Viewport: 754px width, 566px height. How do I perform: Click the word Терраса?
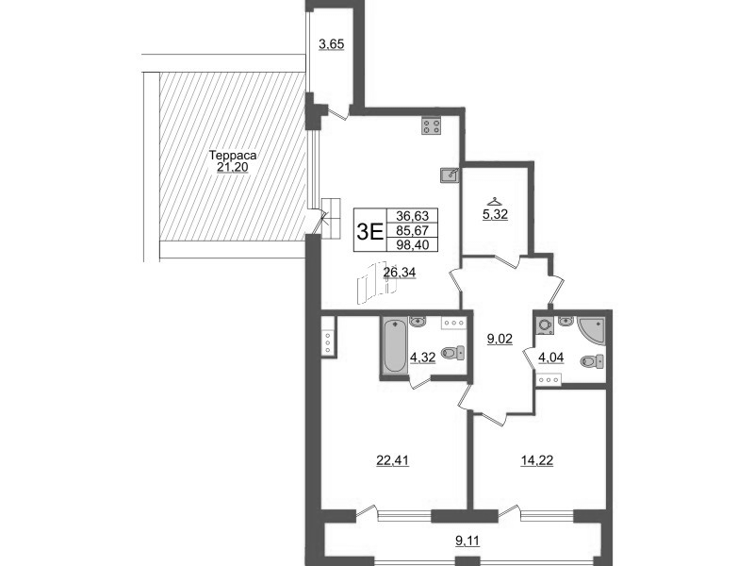pyautogui.click(x=233, y=156)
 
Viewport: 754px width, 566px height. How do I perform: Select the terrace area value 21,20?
pyautogui.click(x=233, y=168)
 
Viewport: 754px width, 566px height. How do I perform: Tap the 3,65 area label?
pyautogui.click(x=332, y=44)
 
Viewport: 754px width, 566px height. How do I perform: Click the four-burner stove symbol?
pyautogui.click(x=431, y=126)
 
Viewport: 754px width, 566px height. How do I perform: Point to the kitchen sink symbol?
pyautogui.click(x=450, y=175)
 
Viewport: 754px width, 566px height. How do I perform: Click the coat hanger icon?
pyautogui.click(x=494, y=201)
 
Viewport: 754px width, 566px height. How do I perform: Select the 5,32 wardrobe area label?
pyautogui.click(x=495, y=214)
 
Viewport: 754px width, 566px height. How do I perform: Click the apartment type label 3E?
pyautogui.click(x=369, y=232)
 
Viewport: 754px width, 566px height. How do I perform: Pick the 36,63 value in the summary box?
pyautogui.click(x=412, y=216)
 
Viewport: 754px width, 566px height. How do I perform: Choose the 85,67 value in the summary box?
pyautogui.click(x=412, y=230)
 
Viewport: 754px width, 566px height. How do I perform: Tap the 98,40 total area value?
pyautogui.click(x=412, y=245)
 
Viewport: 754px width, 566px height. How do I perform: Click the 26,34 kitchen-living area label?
pyautogui.click(x=399, y=273)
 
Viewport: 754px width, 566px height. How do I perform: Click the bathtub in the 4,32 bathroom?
pyautogui.click(x=395, y=344)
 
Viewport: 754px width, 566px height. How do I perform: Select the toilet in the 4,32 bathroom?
pyautogui.click(x=453, y=353)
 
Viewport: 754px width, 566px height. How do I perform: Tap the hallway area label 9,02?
pyautogui.click(x=500, y=339)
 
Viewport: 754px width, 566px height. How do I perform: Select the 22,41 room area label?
pyautogui.click(x=392, y=460)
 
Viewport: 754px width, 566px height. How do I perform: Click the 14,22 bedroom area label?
pyautogui.click(x=537, y=460)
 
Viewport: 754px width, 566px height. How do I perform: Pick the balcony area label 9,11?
pyautogui.click(x=467, y=541)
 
